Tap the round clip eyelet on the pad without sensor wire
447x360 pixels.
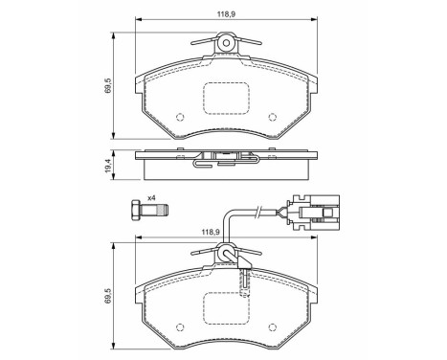pos(227,42)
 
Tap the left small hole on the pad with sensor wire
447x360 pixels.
pos(180,331)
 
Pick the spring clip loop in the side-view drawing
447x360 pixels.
pos(200,163)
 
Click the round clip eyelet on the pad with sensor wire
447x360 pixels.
pos(227,255)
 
